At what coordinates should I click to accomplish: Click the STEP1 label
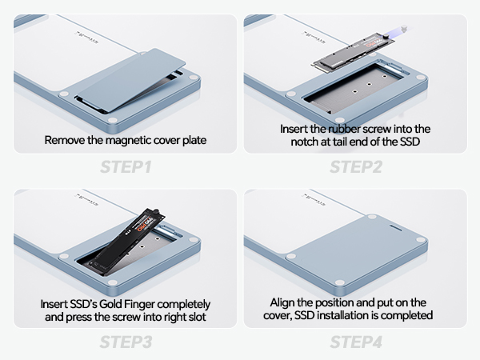tap(126, 167)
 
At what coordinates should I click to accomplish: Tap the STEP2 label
tap(356, 167)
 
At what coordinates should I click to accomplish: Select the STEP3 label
tap(126, 342)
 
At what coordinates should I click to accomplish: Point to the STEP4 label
tap(356, 342)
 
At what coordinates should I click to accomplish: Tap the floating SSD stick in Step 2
tap(353, 51)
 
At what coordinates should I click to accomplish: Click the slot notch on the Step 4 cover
tap(397, 228)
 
